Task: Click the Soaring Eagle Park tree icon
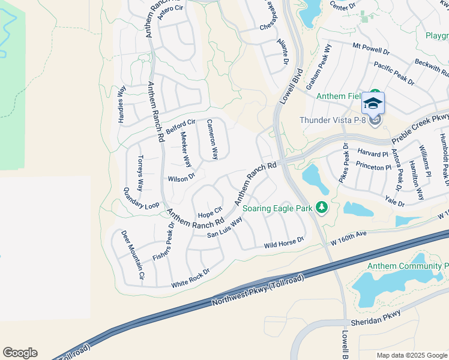tap(322, 207)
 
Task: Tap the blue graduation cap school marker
tap(373, 104)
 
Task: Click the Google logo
tap(20, 353)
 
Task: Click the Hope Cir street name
tap(210, 212)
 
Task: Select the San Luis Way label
tap(224, 227)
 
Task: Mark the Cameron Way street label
tap(212, 139)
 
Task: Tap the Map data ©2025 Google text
tap(412, 355)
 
